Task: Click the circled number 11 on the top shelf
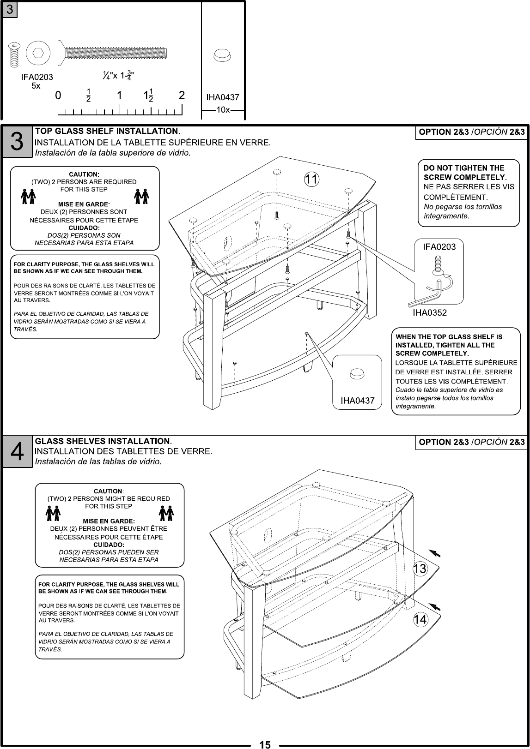tap(312, 179)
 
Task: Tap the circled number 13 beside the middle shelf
tap(420, 569)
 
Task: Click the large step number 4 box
tap(17, 452)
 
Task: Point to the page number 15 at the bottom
tap(265, 744)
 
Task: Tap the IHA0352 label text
tap(429, 313)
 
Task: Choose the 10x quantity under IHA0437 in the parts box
tap(223, 110)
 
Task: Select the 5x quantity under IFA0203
tap(36, 86)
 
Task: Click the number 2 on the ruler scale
tap(182, 96)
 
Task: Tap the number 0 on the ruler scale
tap(58, 96)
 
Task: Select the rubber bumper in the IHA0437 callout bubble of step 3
tap(357, 373)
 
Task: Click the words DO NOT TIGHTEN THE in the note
tap(464, 168)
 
